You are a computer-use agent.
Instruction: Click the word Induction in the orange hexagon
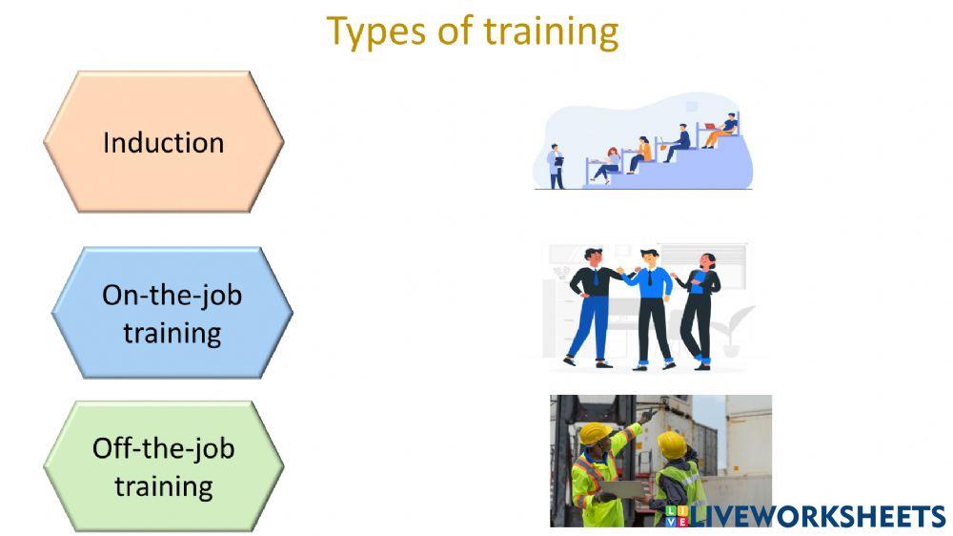pos(163,143)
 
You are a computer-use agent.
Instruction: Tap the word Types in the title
pos(376,31)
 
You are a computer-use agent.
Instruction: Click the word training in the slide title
pos(551,31)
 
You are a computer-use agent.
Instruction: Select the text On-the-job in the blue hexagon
pos(172,295)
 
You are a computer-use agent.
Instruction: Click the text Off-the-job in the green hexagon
pos(163,448)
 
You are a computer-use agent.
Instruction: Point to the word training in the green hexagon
pos(163,486)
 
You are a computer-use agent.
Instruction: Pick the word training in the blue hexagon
pos(172,334)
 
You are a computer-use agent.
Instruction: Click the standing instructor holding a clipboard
pos(556,166)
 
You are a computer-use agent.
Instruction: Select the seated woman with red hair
pos(639,153)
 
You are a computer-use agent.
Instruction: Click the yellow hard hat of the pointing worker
pos(596,434)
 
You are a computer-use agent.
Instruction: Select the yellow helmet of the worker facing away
pos(671,443)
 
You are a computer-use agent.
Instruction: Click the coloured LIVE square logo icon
pos(678,516)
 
